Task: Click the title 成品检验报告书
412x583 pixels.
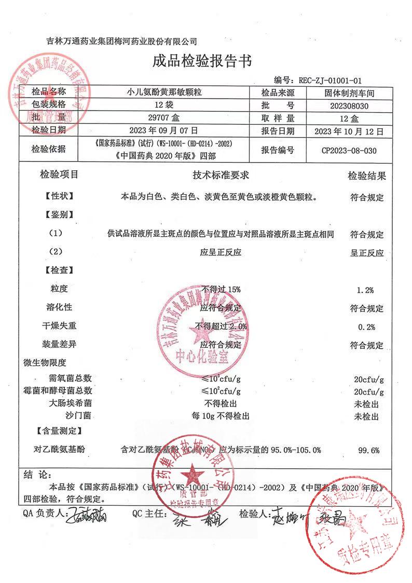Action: (x=202, y=62)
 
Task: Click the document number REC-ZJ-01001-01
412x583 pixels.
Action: (x=329, y=80)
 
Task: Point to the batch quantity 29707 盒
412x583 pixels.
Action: (x=164, y=118)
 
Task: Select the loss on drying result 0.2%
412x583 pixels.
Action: (x=366, y=327)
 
